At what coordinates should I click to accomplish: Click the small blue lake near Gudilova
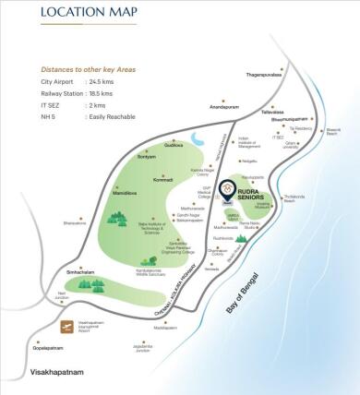tap(199, 141)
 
